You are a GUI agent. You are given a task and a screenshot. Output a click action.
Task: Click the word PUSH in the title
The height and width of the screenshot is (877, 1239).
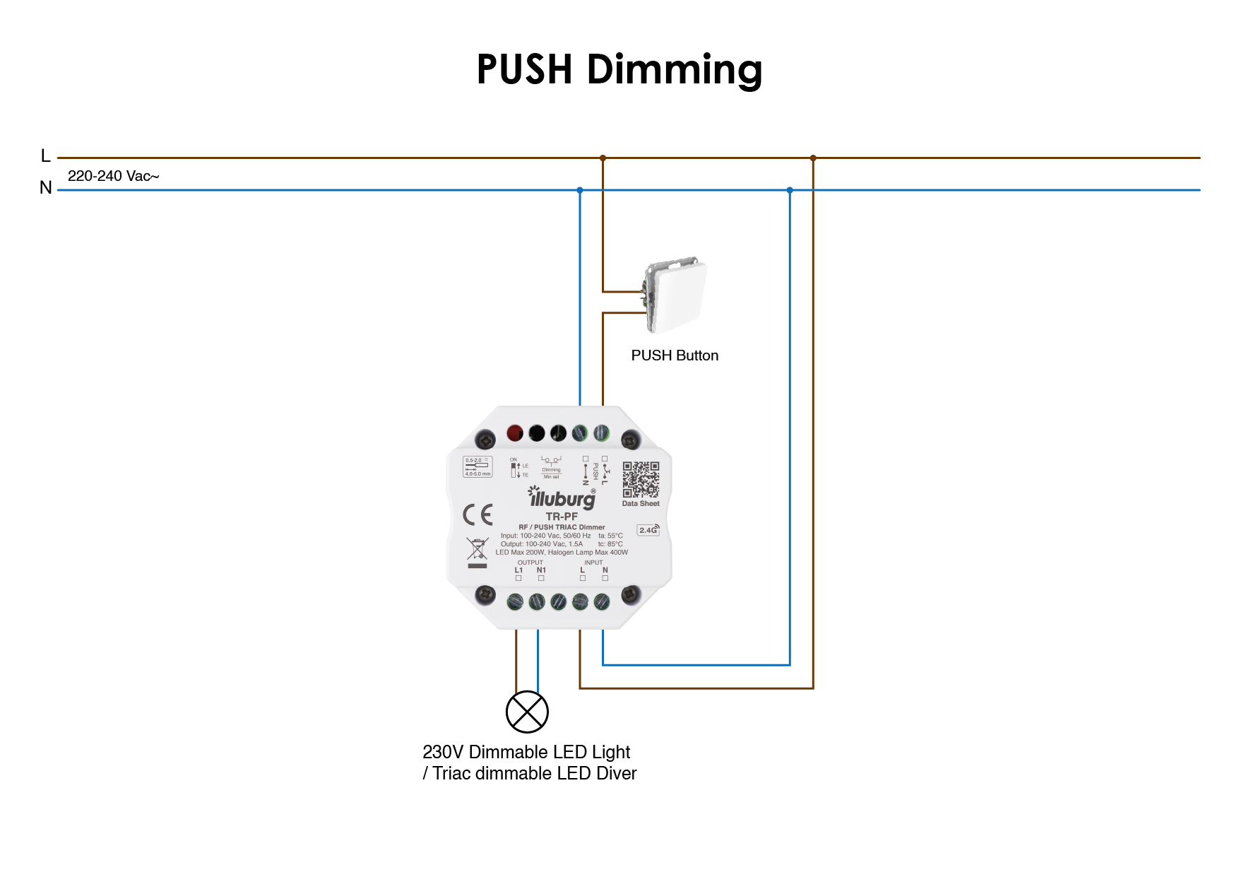(x=524, y=69)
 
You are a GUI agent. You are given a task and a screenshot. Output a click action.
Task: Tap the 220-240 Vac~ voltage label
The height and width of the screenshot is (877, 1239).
(x=113, y=176)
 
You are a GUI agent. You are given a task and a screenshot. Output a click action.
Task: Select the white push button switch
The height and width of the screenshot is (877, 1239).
(x=677, y=295)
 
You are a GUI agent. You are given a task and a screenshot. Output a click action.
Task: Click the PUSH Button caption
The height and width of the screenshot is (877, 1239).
(x=675, y=355)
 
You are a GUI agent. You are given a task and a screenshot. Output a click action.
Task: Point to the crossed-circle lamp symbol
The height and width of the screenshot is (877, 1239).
(x=527, y=712)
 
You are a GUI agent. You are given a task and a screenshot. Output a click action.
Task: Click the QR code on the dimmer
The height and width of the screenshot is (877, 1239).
(x=641, y=480)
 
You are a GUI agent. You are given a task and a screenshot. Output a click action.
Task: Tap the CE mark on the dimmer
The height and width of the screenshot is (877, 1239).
(x=478, y=514)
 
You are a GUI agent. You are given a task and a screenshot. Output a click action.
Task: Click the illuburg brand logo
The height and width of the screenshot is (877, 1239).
(x=562, y=498)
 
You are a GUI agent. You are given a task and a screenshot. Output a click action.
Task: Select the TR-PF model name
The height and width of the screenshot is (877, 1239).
(x=562, y=517)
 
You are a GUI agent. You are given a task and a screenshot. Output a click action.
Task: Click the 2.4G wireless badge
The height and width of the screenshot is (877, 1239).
(x=648, y=530)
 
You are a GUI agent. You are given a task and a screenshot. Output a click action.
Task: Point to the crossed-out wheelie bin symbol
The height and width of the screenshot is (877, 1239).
(x=478, y=549)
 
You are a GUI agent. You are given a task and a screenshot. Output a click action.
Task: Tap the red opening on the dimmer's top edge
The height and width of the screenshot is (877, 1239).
(x=515, y=432)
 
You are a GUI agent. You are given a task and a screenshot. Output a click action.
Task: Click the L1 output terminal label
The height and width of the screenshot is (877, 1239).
(x=518, y=570)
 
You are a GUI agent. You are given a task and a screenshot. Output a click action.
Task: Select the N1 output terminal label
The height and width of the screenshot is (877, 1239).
(x=541, y=570)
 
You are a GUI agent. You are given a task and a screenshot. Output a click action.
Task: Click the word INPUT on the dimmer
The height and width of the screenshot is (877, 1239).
(x=593, y=563)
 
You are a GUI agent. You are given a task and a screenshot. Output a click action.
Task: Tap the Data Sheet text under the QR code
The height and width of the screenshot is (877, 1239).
(x=641, y=504)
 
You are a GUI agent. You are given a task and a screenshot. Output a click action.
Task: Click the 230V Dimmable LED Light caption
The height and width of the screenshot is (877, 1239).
(x=526, y=752)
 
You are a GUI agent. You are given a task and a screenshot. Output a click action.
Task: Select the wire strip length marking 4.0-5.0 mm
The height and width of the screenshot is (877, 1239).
(x=478, y=473)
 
